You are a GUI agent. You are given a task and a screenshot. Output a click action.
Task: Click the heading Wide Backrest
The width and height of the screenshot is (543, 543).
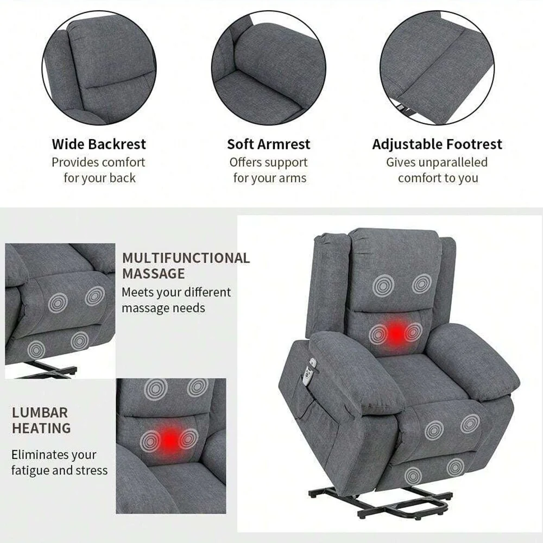click(x=99, y=144)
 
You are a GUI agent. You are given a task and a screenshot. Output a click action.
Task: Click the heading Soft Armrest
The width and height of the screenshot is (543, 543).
click(x=268, y=144)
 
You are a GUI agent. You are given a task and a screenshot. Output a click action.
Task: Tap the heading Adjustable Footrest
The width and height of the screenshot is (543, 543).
click(x=437, y=144)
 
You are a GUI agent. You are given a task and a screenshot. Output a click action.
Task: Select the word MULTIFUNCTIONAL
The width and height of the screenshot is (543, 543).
click(x=186, y=258)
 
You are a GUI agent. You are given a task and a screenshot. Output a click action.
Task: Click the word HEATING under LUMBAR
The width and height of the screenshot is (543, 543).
click(x=41, y=428)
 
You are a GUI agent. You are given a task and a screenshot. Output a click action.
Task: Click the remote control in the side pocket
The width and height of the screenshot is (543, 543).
click(x=311, y=371)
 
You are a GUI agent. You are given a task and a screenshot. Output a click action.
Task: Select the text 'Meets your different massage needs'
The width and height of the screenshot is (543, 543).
click(x=176, y=300)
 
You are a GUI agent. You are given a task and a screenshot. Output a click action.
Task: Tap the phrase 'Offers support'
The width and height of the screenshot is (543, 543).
click(x=268, y=162)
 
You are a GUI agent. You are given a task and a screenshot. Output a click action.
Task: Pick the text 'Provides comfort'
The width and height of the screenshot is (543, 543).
click(x=98, y=162)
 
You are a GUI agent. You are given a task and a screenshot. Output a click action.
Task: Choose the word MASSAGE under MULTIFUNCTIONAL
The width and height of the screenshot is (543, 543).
click(x=153, y=274)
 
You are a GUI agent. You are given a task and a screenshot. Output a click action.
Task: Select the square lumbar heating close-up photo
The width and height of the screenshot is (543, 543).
click(x=171, y=445)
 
